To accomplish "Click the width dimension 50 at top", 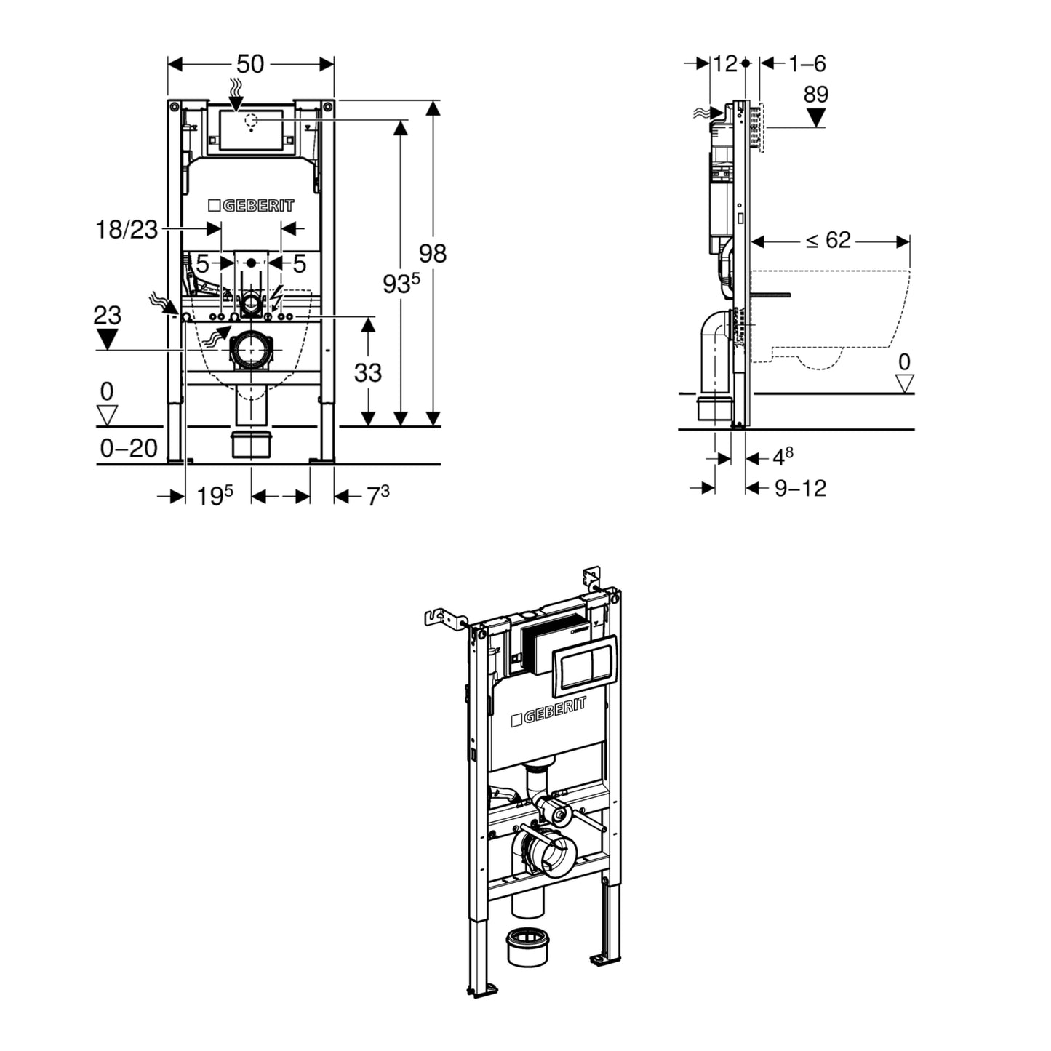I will coord(249,64).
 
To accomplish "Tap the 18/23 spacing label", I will coord(127,230).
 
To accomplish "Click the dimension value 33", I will coord(367,372).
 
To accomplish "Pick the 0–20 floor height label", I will coord(129,448).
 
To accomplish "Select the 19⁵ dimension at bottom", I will coord(215,496).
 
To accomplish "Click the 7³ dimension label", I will coord(377,496).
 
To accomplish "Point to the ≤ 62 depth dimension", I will coord(828,240).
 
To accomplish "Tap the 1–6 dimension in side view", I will coord(807,64).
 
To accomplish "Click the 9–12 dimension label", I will coord(800,488).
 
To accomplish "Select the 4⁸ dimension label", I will coord(782,457).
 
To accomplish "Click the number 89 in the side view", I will coord(816,95).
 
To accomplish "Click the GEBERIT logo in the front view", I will coord(251,206).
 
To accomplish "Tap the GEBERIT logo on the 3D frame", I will coord(548,712).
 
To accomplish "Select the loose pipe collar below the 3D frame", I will coord(527,946).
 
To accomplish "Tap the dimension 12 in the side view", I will coord(724,64).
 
